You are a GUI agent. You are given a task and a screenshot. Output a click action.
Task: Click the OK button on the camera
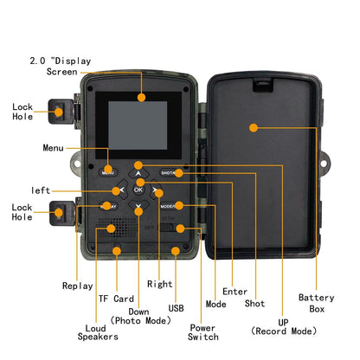point(138,190)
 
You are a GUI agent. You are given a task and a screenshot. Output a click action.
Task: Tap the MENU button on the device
point(108,171)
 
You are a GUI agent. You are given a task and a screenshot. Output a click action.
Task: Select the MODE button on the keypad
point(170,206)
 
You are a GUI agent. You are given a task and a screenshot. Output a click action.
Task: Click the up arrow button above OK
point(138,172)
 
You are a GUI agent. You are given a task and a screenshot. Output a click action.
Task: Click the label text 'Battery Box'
point(316,303)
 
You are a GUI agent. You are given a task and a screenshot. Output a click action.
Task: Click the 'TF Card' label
point(115,298)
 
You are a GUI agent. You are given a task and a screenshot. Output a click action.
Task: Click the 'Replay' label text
point(77,286)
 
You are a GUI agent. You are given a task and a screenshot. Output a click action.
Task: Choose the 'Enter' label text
point(235,292)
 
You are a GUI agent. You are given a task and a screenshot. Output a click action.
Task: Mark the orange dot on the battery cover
point(254,127)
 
